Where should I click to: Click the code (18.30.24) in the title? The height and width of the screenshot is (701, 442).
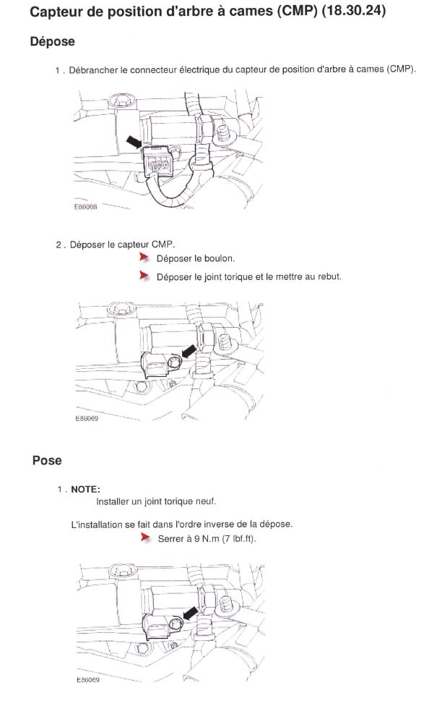[353, 10]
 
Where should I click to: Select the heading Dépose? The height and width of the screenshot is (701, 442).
[52, 41]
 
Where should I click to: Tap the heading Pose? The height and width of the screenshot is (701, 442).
[47, 461]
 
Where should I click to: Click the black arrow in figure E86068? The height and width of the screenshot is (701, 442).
[134, 143]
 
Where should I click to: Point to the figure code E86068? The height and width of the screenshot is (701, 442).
[85, 207]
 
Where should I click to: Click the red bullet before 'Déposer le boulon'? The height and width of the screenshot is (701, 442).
[144, 257]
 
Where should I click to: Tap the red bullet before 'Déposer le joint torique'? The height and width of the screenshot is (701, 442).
[144, 276]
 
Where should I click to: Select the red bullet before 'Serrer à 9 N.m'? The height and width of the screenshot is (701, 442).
[145, 538]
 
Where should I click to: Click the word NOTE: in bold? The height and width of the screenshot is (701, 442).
[85, 490]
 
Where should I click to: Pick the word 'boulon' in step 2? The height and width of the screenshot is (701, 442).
[220, 258]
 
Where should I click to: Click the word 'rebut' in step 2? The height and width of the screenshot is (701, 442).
[329, 276]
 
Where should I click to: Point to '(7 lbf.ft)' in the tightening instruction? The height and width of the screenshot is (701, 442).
[239, 539]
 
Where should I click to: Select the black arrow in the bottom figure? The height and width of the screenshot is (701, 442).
[191, 613]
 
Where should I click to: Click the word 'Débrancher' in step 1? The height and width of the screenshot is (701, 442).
[93, 70]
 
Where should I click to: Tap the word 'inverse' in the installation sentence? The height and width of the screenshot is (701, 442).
[219, 524]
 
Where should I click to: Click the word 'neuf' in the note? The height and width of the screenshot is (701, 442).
[207, 501]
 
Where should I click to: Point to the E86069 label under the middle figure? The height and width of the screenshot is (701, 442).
[87, 418]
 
